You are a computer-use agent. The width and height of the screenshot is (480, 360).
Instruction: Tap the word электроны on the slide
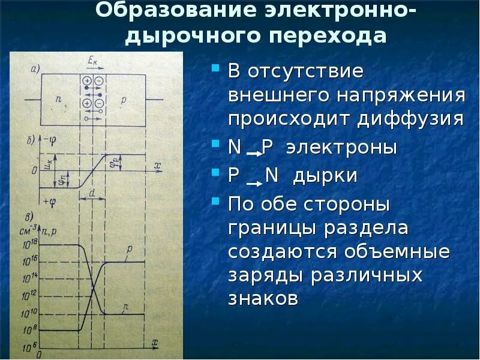(x=341, y=148)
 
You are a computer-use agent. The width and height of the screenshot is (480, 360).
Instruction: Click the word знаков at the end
(x=263, y=299)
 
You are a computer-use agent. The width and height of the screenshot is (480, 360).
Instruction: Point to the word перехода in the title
(x=326, y=35)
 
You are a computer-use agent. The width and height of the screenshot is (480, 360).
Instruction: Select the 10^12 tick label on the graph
(x=30, y=296)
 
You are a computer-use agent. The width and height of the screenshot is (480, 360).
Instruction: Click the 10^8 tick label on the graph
(x=30, y=329)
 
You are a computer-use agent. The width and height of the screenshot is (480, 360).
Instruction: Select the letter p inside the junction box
(x=123, y=100)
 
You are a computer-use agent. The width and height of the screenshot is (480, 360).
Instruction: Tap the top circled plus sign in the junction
(x=87, y=81)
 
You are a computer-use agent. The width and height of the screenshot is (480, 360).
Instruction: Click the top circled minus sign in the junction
(x=99, y=81)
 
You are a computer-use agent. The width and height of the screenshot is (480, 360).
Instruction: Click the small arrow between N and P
(x=254, y=154)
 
